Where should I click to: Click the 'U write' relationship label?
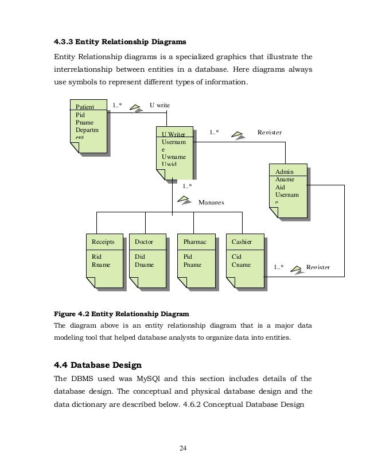160,106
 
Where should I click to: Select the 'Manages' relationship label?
211,203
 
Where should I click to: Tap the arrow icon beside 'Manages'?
185,200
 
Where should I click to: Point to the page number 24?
182,448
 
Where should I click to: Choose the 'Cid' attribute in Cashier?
236,258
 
